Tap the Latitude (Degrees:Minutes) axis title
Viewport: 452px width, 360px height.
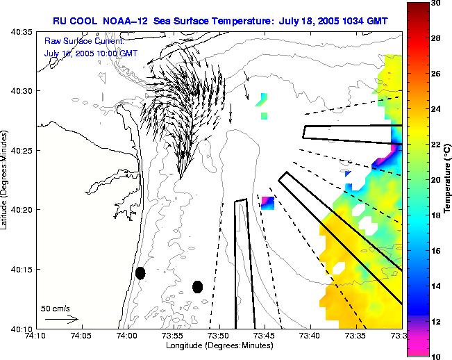click(x=6, y=180)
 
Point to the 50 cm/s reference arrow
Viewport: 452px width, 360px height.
click(x=61, y=319)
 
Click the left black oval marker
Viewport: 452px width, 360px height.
click(x=140, y=273)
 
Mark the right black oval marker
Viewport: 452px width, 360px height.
click(x=197, y=286)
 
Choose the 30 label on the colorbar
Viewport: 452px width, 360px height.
click(x=436, y=3)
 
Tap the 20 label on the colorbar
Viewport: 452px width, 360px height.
click(x=436, y=179)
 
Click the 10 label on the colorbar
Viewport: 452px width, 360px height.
click(x=436, y=356)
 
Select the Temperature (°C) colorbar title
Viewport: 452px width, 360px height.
click(x=449, y=179)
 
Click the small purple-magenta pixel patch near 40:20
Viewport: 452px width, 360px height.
click(x=268, y=203)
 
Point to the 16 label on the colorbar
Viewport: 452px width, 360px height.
click(x=436, y=250)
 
